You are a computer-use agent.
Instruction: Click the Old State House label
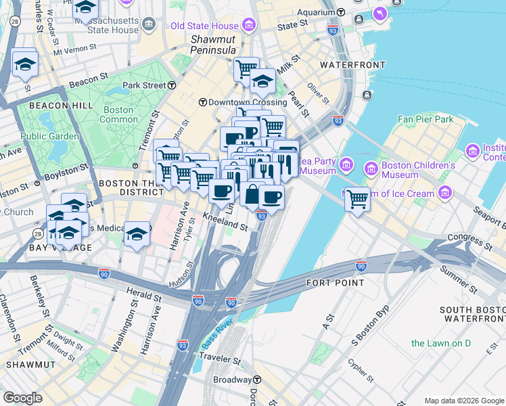(x=205, y=26)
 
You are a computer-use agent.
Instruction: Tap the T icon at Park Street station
(x=172, y=85)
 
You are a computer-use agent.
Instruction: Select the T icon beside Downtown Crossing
(x=202, y=102)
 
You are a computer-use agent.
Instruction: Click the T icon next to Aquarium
(x=341, y=12)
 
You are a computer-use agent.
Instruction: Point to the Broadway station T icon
(x=258, y=380)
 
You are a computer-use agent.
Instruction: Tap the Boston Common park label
(x=118, y=114)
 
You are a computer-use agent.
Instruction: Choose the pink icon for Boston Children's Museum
(x=370, y=167)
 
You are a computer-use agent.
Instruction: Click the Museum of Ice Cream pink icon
(x=445, y=194)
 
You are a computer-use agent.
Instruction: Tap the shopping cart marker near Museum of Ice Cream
(x=357, y=199)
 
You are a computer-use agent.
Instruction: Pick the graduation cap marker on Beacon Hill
(x=25, y=63)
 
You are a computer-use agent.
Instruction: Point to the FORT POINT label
(x=336, y=282)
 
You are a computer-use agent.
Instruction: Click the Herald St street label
(x=145, y=294)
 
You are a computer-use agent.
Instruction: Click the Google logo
(x=23, y=397)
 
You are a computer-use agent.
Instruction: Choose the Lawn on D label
(x=440, y=343)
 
